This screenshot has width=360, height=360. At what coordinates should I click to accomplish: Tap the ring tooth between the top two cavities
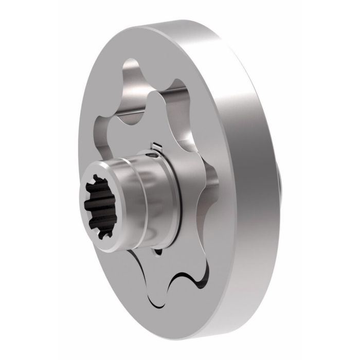pyautogui.click(x=154, y=82)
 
